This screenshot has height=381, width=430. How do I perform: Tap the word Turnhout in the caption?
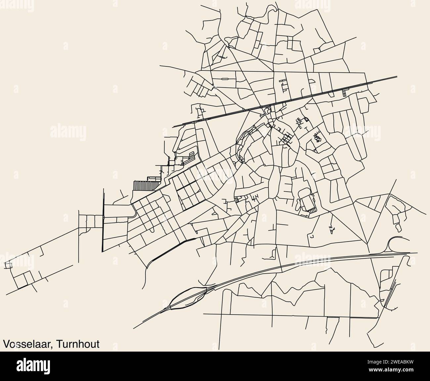click(x=78, y=344)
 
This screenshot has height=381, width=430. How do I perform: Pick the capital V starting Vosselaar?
click(x=6, y=344)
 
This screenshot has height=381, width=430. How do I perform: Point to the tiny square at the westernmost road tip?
click(x=8, y=265)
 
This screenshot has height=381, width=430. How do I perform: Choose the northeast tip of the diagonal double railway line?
click(x=397, y=77)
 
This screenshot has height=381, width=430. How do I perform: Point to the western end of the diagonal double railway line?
click(x=174, y=126)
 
